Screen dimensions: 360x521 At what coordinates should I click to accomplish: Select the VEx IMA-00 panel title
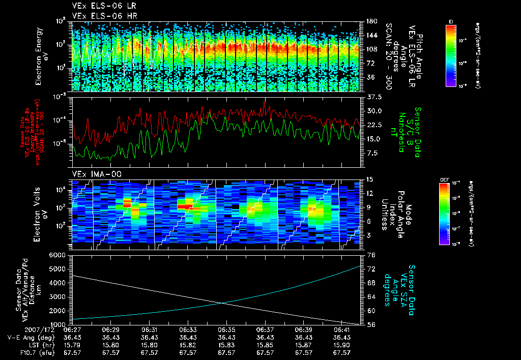94,174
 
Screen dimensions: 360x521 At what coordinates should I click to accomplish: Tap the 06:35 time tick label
226,329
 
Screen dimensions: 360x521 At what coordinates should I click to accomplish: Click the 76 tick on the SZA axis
371,255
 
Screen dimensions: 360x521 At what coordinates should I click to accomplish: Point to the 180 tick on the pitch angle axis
371,21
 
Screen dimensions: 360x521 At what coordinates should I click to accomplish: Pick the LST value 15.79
72,345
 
